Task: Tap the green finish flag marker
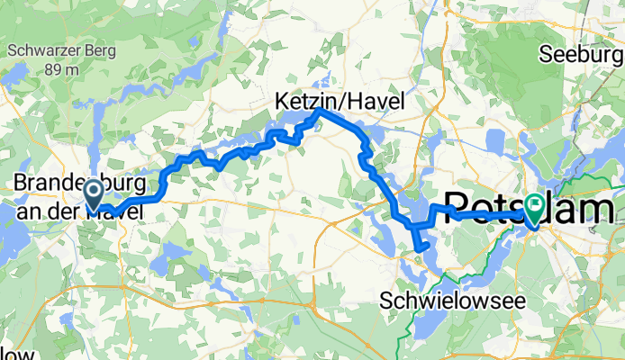[x=535, y=209]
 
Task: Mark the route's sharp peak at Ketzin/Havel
[x=320, y=110]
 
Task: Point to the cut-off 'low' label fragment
[x=18, y=352]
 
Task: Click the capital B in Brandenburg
[x=19, y=183]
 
